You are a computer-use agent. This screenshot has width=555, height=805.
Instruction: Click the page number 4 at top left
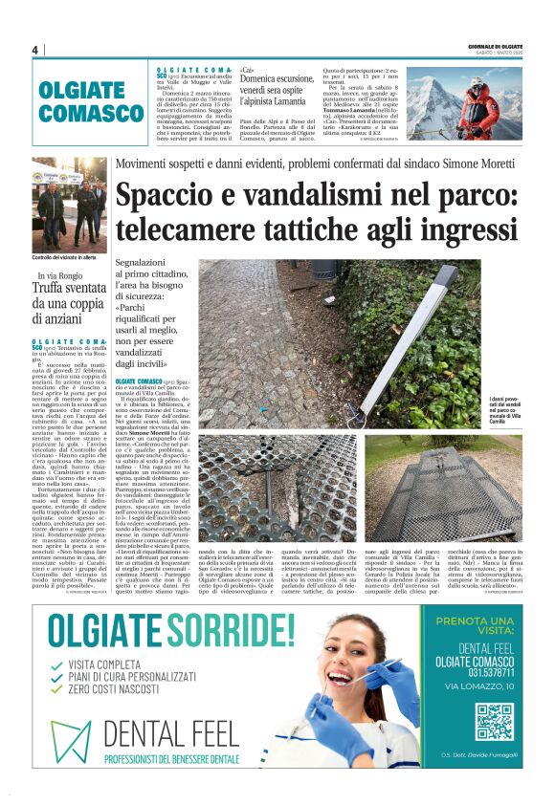point(35,50)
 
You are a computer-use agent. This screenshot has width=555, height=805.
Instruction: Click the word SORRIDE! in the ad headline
point(239,627)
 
